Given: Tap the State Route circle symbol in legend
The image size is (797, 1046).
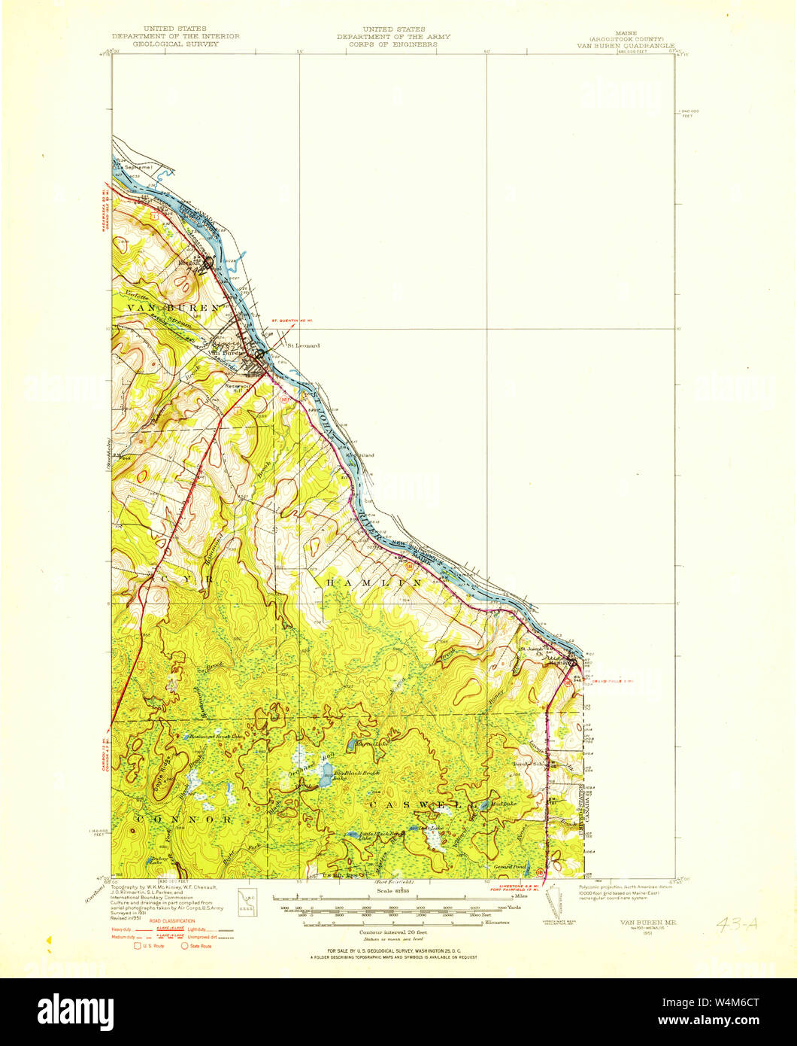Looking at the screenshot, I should click(183, 946).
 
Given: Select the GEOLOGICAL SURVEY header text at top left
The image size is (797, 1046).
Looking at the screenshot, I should click(175, 44).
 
